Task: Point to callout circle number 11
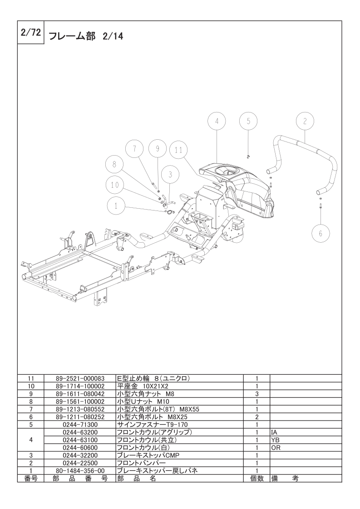point(179,150)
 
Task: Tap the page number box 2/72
point(30,33)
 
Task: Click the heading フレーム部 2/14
point(86,36)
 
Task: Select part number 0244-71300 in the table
point(80,425)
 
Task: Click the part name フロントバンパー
point(141,463)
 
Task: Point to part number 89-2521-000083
point(80,378)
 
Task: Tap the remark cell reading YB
point(275,440)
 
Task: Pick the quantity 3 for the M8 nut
point(256,394)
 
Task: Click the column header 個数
point(256,479)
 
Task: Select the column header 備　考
point(285,479)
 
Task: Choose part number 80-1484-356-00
point(80,471)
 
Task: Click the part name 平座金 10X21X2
point(143,387)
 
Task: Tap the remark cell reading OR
point(276,448)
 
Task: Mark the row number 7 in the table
point(31,409)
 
